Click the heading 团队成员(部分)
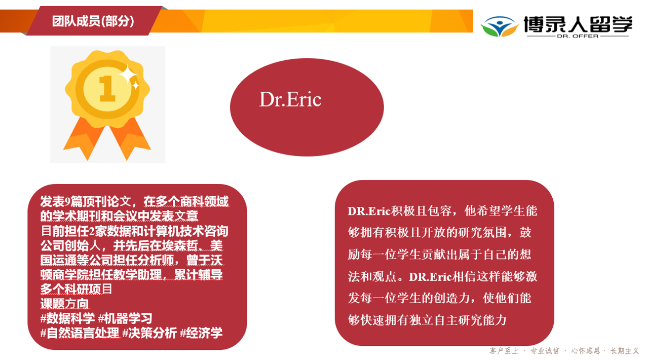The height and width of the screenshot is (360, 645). (93, 21)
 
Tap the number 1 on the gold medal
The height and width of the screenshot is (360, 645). (107, 89)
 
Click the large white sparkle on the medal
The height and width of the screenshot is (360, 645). (128, 75)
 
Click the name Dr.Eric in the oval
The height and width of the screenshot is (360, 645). (290, 99)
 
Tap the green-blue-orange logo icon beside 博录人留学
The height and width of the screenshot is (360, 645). (500, 26)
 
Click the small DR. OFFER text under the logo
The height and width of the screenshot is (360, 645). (578, 36)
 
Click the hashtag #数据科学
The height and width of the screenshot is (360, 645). (68, 318)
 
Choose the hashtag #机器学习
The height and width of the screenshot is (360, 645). (125, 318)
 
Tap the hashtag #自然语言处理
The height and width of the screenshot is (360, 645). (80, 333)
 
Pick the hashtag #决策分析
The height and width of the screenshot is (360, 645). (149, 333)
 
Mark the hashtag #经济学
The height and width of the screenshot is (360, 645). (201, 333)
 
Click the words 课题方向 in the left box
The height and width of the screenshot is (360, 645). (64, 304)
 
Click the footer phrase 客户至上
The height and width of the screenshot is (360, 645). (504, 351)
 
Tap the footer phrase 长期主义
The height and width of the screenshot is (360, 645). (625, 351)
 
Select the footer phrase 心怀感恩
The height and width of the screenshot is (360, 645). (586, 351)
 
